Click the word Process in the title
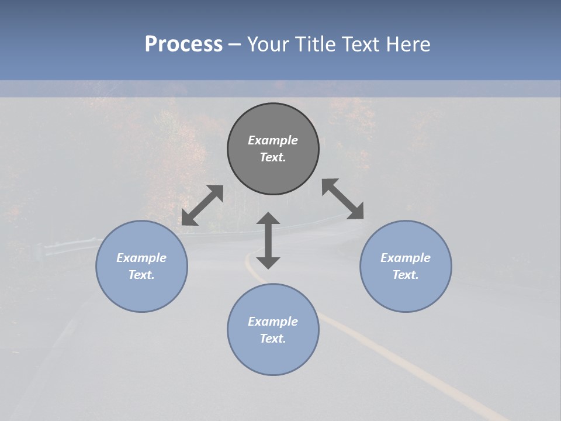tap(183, 44)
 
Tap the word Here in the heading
tap(408, 44)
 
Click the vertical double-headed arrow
tap(268, 240)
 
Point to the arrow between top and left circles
tap(202, 205)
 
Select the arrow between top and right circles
tap(342, 199)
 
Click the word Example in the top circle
tap(273, 140)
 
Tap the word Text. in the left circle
tap(141, 275)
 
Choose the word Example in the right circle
tap(406, 258)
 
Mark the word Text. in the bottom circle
tap(273, 339)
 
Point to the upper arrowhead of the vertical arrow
tap(268, 219)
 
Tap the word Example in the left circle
tap(141, 258)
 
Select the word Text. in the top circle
tap(273, 157)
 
